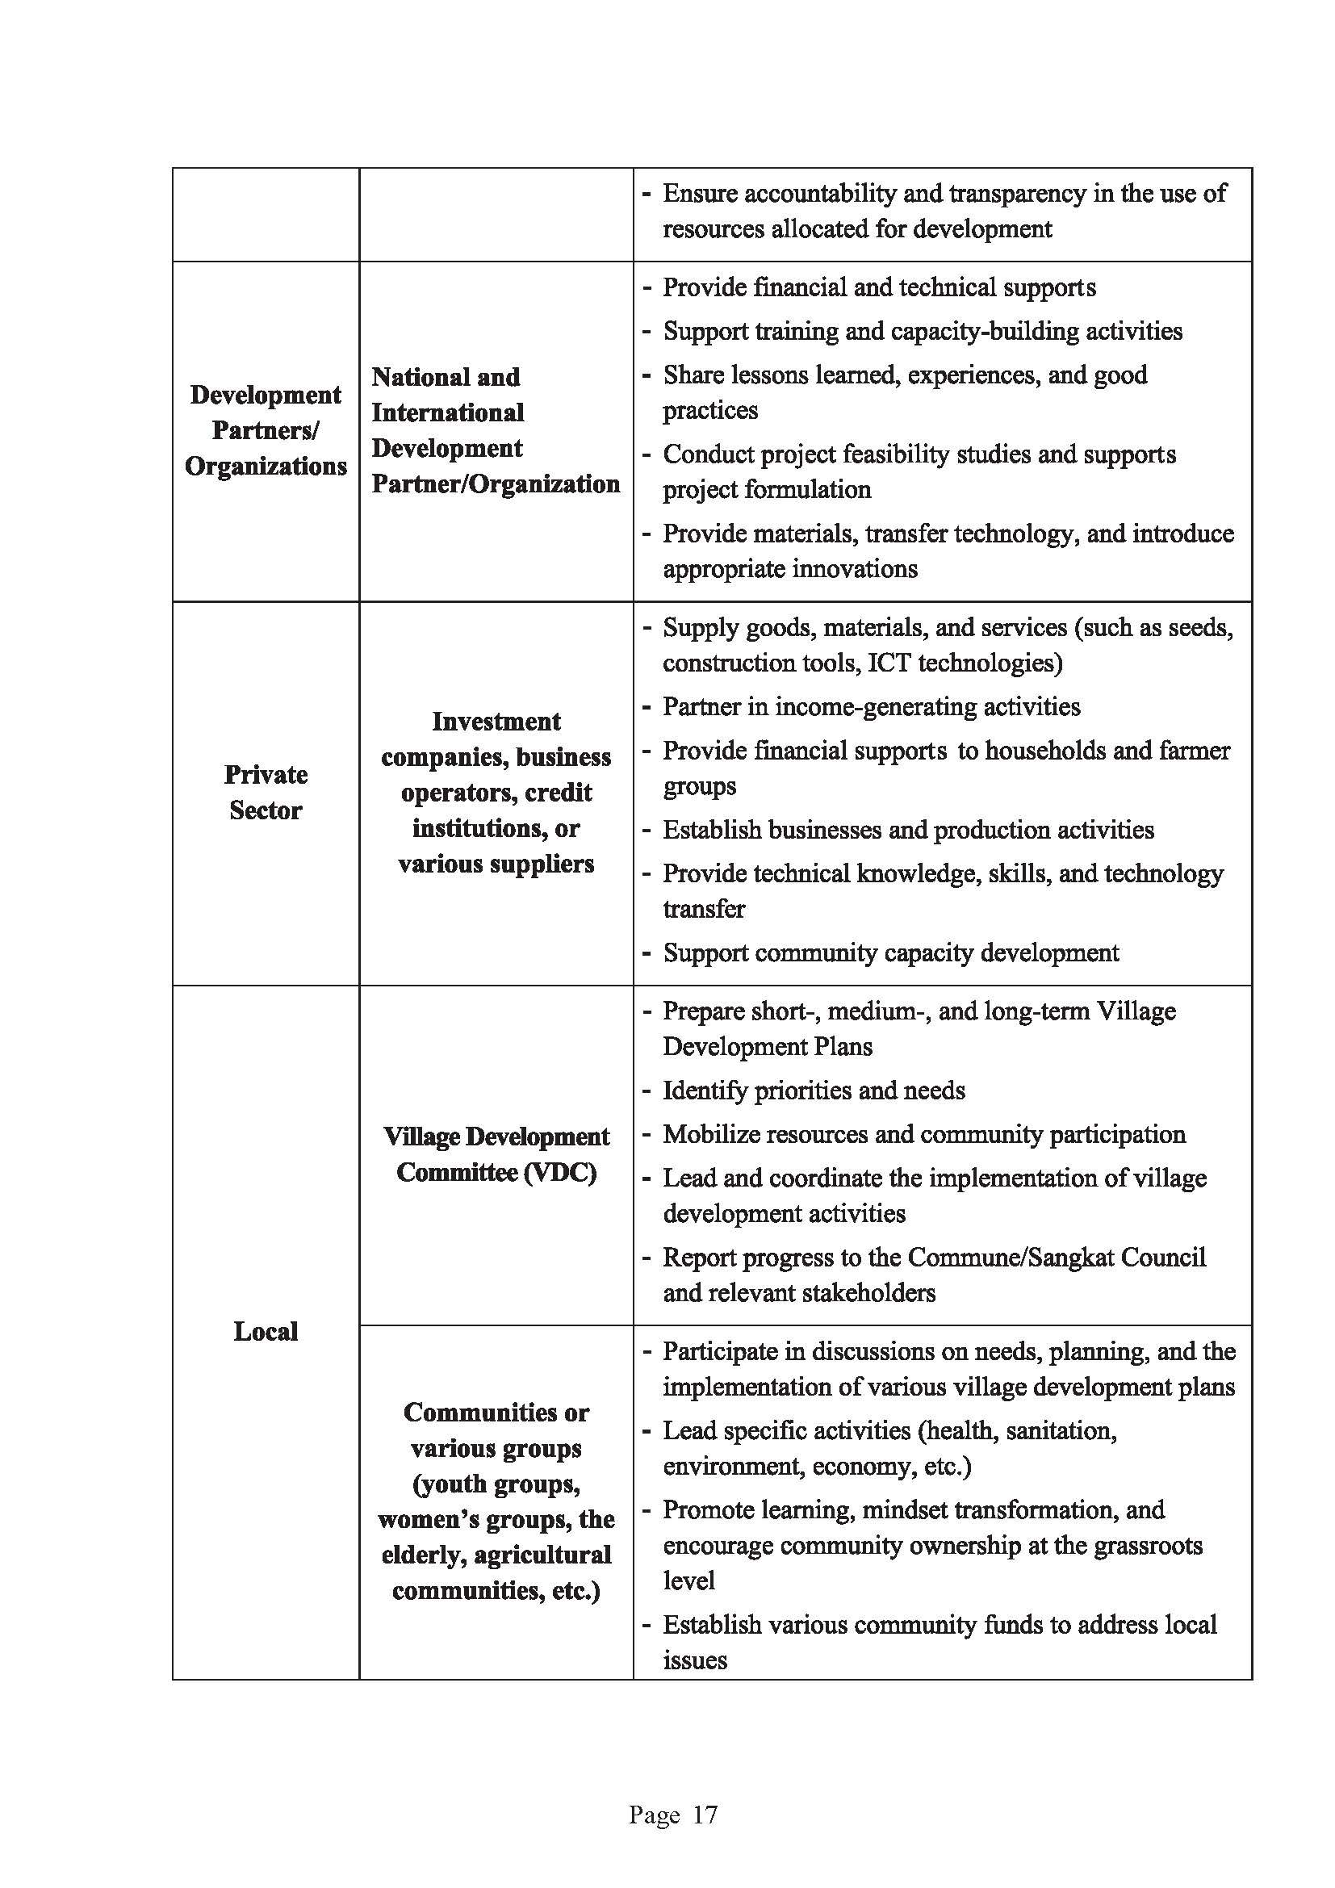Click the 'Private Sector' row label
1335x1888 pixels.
point(266,792)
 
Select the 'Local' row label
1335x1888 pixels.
point(266,1330)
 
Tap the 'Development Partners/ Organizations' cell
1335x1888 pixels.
point(266,430)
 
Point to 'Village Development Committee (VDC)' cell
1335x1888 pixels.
point(496,1153)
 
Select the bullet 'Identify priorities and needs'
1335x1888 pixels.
point(814,1091)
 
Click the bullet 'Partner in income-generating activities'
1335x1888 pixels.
point(872,706)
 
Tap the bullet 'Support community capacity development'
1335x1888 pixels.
point(890,952)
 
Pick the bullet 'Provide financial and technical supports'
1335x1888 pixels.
point(879,287)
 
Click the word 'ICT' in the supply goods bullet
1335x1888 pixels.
point(889,663)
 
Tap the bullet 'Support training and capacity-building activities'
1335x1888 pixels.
point(923,331)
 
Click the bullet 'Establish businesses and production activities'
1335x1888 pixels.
point(908,829)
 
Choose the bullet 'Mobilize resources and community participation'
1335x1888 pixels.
point(924,1134)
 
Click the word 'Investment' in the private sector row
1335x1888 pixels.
point(496,721)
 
